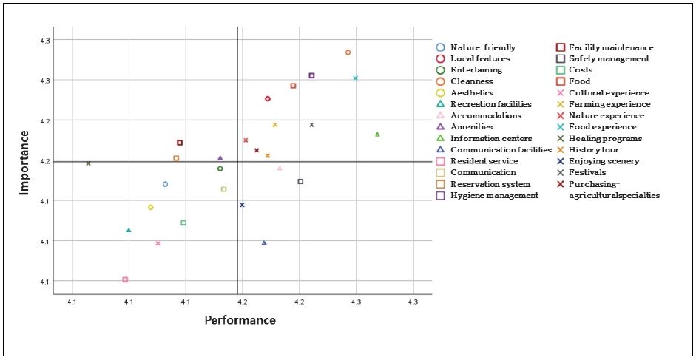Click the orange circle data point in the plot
pyautogui.click(x=348, y=52)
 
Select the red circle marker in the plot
pyautogui.click(x=268, y=98)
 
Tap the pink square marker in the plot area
pyautogui.click(x=125, y=279)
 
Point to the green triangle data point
pyautogui.click(x=377, y=135)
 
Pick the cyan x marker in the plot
pyautogui.click(x=356, y=78)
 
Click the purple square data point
pyautogui.click(x=311, y=75)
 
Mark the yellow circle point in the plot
pyautogui.click(x=151, y=208)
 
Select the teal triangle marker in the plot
pyautogui.click(x=129, y=230)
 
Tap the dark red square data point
pyautogui.click(x=180, y=143)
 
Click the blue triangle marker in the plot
pyautogui.click(x=264, y=242)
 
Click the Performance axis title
pyautogui.click(x=240, y=320)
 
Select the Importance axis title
pyautogui.click(x=24, y=162)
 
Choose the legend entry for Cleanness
pyautogui.click(x=471, y=81)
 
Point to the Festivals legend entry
pyautogui.click(x=589, y=172)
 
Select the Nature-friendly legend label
pyautogui.click(x=482, y=47)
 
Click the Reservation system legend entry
pyautogui.click(x=489, y=184)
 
